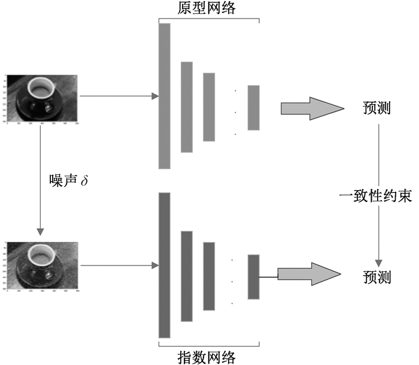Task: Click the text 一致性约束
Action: click(x=376, y=196)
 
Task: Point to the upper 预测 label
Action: click(x=377, y=108)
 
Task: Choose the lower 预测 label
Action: click(x=377, y=277)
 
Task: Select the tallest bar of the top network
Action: click(x=165, y=96)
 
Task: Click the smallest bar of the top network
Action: click(x=253, y=107)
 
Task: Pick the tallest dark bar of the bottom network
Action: click(x=165, y=265)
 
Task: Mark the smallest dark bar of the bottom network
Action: click(x=253, y=276)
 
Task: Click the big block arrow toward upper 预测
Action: click(x=311, y=108)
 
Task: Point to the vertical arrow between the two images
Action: click(x=41, y=179)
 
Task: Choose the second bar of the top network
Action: click(x=187, y=107)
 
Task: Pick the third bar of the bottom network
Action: click(x=209, y=276)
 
